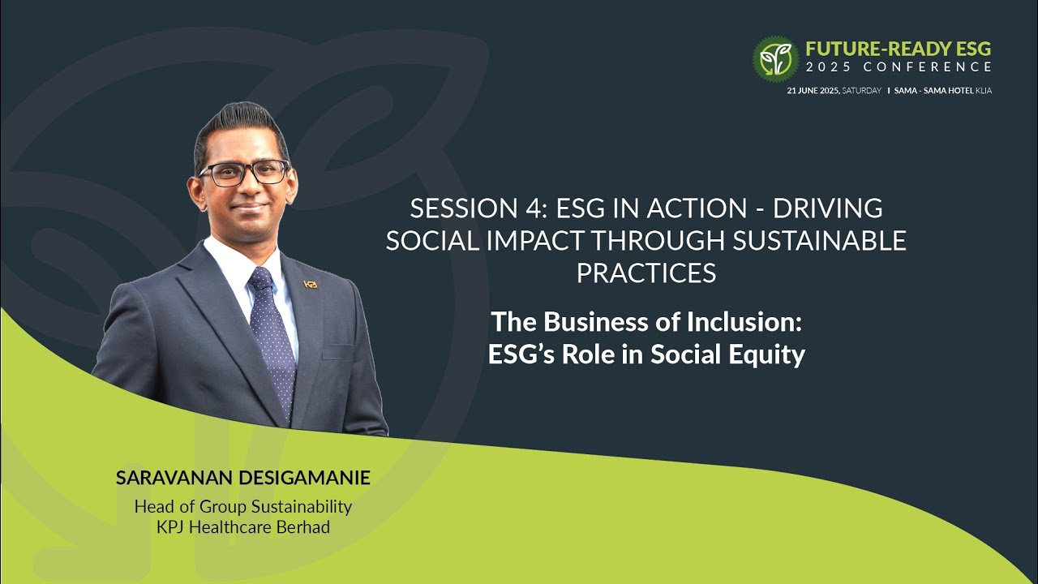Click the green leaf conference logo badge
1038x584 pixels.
pos(775,58)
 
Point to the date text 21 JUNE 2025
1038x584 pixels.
pos(813,91)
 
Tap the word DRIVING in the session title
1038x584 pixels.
pos(827,209)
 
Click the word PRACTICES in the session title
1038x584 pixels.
pos(646,273)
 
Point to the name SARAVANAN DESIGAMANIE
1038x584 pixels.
pos(242,478)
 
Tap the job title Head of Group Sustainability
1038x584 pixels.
pos(242,507)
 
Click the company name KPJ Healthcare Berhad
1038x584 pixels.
pos(242,526)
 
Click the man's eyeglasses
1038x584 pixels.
pos(244,172)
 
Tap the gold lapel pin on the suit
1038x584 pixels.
pos(310,285)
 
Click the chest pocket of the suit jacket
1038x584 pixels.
pos(337,351)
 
